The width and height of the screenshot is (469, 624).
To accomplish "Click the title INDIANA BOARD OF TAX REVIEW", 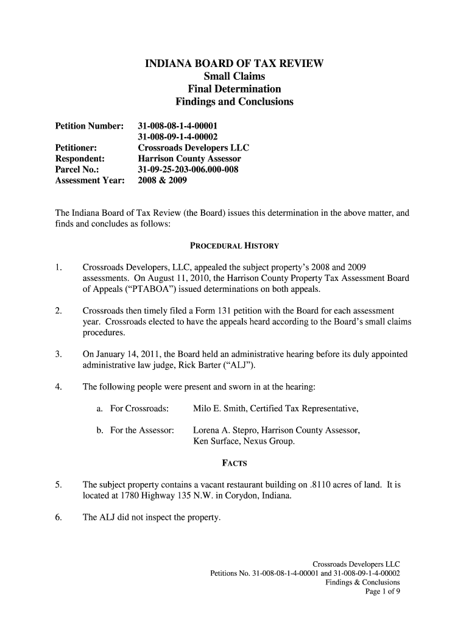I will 234,63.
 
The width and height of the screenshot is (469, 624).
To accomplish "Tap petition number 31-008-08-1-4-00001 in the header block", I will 177,126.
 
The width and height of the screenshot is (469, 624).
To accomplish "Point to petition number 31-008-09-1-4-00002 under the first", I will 177,136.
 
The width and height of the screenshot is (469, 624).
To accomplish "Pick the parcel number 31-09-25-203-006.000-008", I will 192,169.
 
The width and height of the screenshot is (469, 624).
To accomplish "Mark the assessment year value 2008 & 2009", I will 163,180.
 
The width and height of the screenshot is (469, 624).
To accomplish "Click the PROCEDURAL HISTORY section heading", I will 234,246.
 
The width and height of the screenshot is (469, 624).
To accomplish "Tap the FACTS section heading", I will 234,464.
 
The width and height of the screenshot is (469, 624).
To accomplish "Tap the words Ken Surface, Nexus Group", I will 244,441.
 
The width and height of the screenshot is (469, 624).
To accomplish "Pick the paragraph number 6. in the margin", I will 57,519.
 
